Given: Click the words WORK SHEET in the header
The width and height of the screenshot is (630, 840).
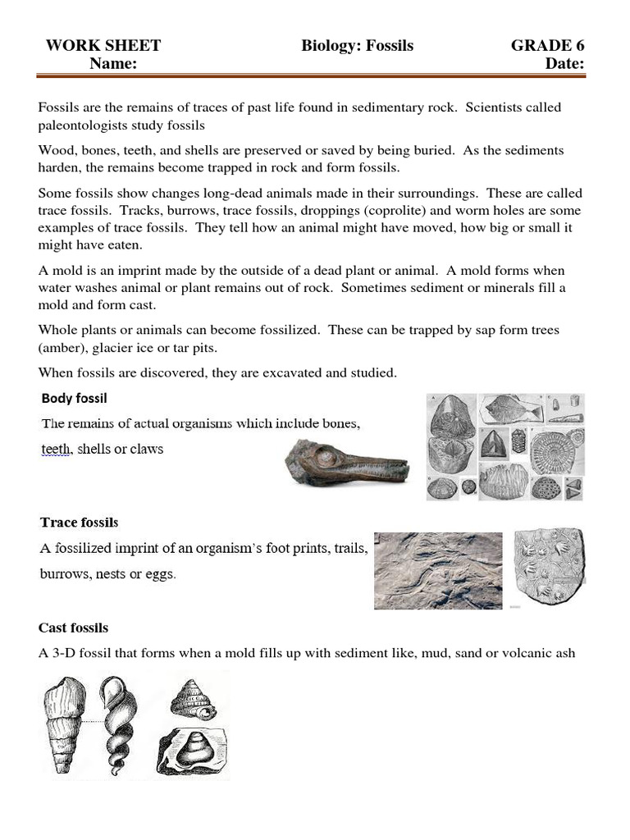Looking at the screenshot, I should [103, 46].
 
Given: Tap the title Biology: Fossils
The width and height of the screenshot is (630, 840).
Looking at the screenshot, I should [357, 46].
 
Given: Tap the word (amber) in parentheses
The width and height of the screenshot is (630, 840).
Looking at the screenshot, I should [62, 347].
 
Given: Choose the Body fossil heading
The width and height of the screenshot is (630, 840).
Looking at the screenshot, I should [75, 399].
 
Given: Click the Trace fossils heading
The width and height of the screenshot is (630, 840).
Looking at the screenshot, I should [80, 523].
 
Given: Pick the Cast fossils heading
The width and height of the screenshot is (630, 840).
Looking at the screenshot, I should [73, 628].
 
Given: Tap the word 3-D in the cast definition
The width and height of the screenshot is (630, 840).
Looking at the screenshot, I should [68, 654].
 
